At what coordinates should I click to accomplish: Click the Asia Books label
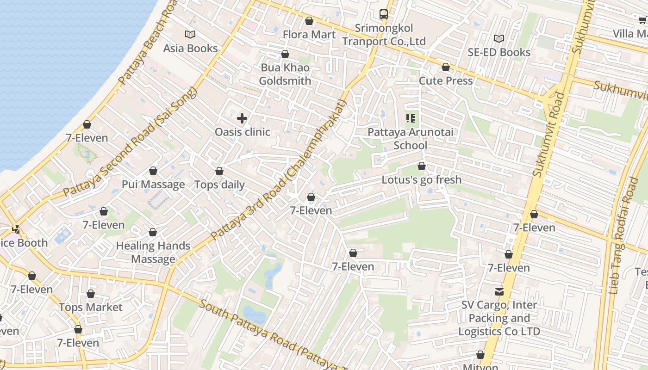tap(190, 48)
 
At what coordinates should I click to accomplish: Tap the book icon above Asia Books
tap(190, 34)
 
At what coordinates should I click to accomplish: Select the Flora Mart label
tap(309, 35)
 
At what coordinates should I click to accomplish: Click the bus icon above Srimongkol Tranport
tap(384, 14)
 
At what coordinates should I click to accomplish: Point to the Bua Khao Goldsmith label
tap(285, 74)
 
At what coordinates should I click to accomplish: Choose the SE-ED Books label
tap(498, 52)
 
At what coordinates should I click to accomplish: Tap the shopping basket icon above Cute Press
tap(446, 68)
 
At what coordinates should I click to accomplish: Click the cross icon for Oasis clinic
tap(242, 118)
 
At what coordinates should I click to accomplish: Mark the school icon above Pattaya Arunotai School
tap(410, 119)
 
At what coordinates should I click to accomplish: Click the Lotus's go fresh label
tap(421, 179)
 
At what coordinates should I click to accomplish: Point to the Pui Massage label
tap(153, 185)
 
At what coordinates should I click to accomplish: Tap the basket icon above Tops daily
tap(219, 172)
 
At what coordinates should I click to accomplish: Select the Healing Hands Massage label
tap(153, 252)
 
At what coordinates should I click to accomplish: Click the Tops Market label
tap(91, 307)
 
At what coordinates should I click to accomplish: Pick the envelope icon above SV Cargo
tap(499, 292)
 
